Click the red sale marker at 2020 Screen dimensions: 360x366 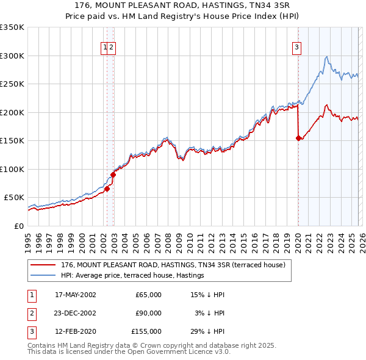298,138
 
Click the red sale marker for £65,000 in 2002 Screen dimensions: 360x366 107,189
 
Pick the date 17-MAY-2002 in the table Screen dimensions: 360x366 76,295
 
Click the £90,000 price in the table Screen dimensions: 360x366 148,313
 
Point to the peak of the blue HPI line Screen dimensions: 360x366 328,57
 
